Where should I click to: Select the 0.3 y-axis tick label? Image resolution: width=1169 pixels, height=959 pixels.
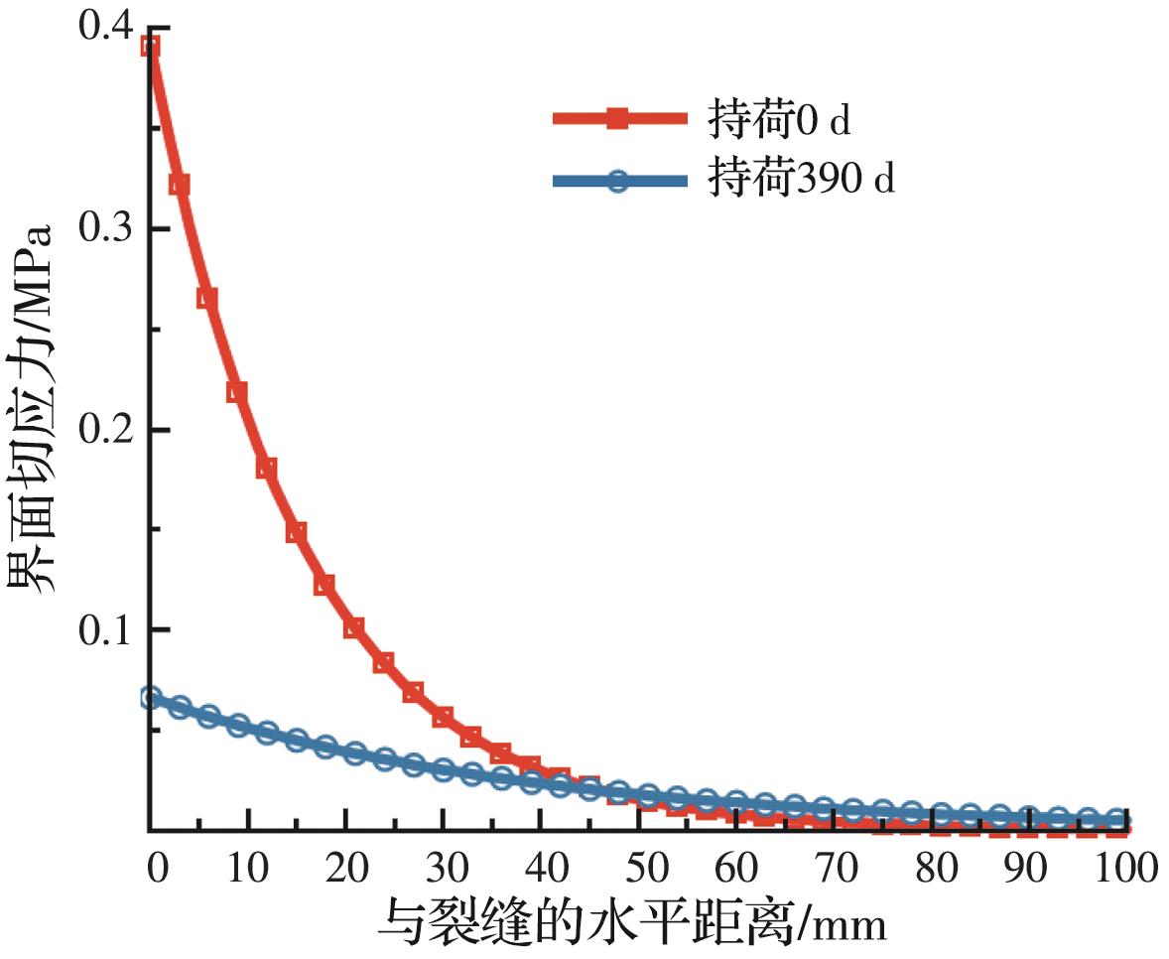[103, 229]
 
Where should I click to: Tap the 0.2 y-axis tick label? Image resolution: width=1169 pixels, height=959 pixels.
[103, 430]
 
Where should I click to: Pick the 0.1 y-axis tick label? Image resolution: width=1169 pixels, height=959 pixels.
[103, 630]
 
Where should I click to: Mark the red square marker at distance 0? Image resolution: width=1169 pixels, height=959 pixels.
[150, 46]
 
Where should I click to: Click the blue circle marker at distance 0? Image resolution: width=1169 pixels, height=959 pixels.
[150, 698]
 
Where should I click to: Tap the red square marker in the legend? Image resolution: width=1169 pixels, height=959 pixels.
[618, 120]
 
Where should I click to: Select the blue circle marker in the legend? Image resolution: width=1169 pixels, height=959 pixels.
[618, 181]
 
